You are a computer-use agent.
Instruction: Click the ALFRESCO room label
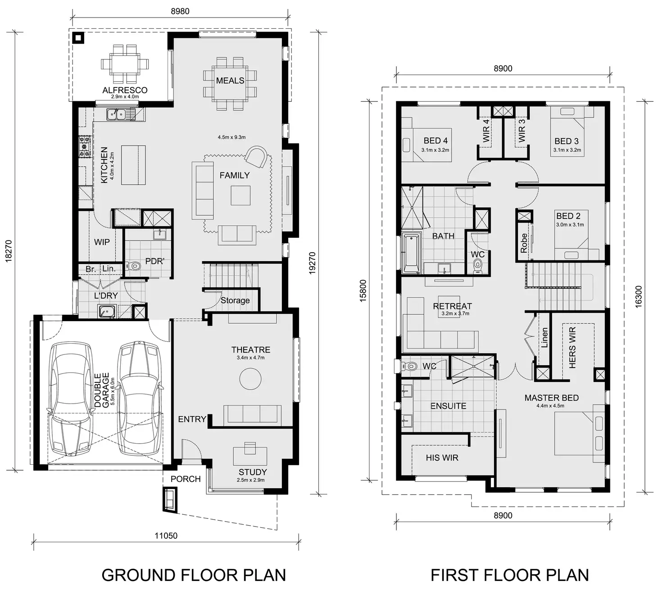click(125, 90)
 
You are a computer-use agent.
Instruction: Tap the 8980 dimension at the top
click(180, 11)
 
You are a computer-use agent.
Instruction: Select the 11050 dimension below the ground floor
click(166, 536)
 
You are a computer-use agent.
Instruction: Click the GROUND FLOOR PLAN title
click(194, 575)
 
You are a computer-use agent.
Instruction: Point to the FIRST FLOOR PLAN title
click(509, 575)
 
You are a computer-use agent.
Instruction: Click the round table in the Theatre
click(250, 379)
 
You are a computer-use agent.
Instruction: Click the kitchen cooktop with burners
click(84, 147)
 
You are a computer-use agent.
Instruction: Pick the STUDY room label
click(252, 472)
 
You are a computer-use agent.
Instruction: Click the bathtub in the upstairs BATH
click(411, 253)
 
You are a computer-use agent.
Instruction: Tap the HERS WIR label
click(572, 348)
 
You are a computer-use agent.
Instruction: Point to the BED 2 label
click(568, 216)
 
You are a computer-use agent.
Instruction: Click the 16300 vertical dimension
click(638, 297)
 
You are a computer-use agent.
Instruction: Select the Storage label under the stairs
click(235, 300)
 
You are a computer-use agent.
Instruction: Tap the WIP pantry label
click(102, 242)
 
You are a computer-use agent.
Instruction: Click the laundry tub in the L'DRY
click(107, 312)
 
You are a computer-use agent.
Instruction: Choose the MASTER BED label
click(551, 398)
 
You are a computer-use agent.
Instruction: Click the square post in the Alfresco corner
click(79, 38)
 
